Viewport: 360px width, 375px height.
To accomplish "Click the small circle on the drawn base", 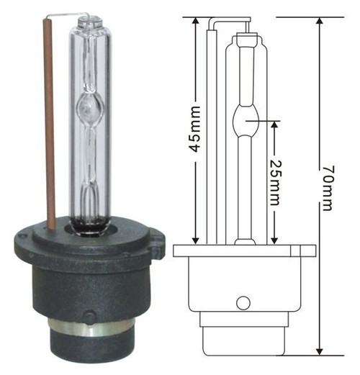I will pyautogui.click(x=243, y=302).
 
